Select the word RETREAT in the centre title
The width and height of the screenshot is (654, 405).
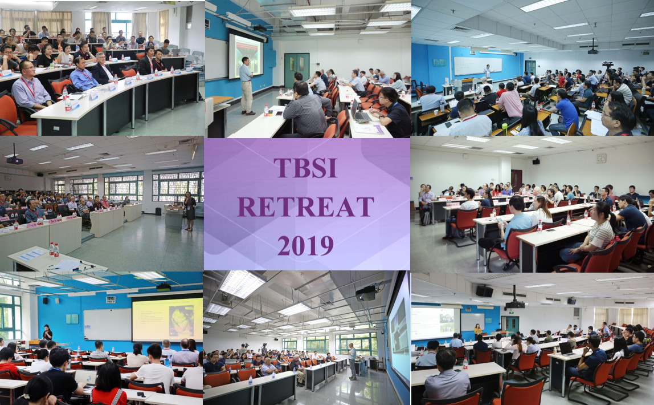(306, 206)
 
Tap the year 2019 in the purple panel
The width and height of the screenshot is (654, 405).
(305, 245)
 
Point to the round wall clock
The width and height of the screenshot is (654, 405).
(601, 158)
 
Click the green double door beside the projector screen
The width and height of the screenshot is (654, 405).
(297, 70)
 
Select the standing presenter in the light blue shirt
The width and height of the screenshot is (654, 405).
(246, 86)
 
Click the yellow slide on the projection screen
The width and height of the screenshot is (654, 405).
(167, 320)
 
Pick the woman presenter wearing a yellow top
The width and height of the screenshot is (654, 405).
(477, 331)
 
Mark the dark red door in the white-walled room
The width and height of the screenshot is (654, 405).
(516, 180)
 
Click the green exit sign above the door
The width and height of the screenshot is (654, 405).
(510, 313)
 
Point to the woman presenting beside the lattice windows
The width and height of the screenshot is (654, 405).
(190, 211)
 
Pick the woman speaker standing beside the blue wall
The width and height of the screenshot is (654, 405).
(47, 333)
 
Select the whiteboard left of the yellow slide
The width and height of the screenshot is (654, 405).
(107, 325)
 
